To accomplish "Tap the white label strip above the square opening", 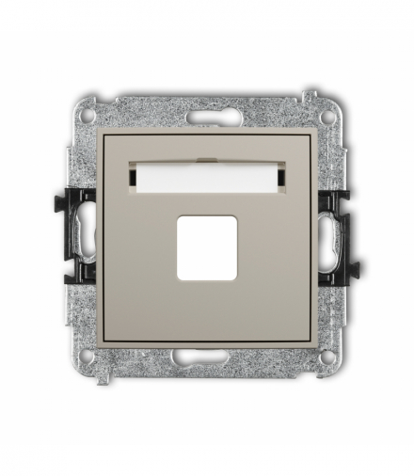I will coord(207,176).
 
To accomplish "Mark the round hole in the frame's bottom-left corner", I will coord(88,357).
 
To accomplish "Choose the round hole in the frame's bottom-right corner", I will coord(326,357).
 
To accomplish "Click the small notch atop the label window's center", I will coord(207,156).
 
